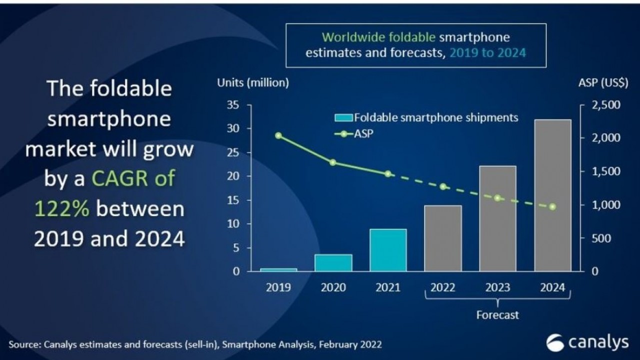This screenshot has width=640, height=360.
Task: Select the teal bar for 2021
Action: (388, 250)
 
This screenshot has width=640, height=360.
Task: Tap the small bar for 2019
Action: (278, 269)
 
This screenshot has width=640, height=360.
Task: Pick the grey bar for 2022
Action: (443, 238)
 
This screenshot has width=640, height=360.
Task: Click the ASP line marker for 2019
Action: (278, 135)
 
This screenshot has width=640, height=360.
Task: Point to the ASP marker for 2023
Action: (497, 198)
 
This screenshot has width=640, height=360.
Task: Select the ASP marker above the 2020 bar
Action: (333, 162)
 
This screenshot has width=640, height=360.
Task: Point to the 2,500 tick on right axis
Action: (606, 105)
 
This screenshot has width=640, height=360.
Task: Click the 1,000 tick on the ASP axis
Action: (606, 205)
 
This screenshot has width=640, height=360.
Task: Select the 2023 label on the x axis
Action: (497, 287)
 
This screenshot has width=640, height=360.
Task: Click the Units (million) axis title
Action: (253, 83)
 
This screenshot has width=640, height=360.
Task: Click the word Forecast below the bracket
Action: (497, 315)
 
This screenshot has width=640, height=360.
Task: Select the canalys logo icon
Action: (555, 343)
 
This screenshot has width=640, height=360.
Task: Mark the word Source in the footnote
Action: (24, 344)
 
